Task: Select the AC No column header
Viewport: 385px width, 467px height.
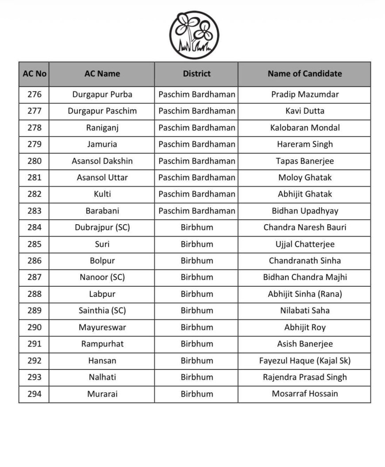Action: tap(34, 74)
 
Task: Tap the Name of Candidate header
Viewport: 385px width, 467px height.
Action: tap(304, 74)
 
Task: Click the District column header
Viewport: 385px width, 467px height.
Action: tap(196, 74)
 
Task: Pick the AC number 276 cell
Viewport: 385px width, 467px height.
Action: tap(34, 94)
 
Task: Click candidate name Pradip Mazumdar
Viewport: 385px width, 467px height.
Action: tap(304, 94)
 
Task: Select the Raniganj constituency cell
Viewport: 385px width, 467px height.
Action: tap(102, 128)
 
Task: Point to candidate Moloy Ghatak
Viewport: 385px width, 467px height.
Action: tap(304, 177)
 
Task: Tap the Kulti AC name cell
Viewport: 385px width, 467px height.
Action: tap(102, 194)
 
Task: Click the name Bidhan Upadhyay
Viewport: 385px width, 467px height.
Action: tap(304, 211)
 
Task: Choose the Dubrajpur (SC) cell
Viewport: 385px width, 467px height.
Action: tap(102, 227)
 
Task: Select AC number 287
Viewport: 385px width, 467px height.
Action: tap(34, 277)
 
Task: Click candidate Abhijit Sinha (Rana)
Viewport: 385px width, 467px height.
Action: tap(304, 294)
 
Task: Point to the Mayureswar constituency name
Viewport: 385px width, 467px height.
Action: tap(102, 327)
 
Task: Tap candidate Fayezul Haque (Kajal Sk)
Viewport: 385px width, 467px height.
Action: tap(304, 361)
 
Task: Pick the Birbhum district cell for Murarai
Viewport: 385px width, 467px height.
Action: tap(196, 394)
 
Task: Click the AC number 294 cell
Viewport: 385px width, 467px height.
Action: tap(34, 394)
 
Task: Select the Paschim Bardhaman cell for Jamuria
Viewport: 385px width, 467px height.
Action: tap(196, 144)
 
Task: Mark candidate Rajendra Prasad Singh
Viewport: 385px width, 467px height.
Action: tap(304, 377)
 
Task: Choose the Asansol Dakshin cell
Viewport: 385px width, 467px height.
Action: tap(102, 161)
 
